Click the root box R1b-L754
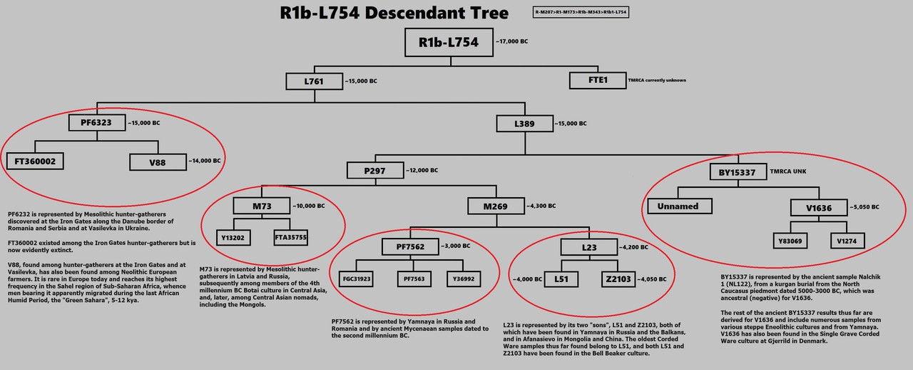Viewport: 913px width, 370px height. coord(448,42)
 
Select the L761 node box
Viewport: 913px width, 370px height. coord(314,81)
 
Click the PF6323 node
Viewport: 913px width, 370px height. coord(97,123)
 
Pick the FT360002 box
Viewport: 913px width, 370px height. coord(35,161)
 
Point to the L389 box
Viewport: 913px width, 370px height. coord(524,124)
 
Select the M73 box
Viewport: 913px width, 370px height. coord(260,206)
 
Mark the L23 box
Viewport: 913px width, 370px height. coord(588,247)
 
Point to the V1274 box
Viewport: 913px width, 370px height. coord(847,241)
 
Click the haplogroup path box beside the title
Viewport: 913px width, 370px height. coord(581,13)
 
